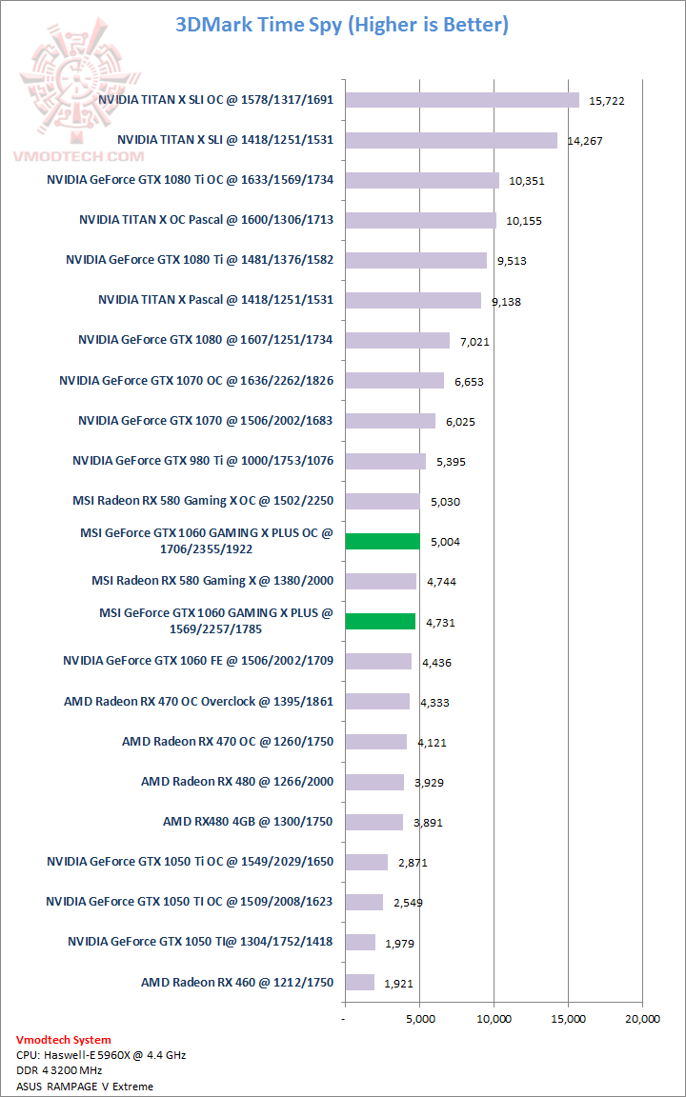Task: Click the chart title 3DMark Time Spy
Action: tap(342, 25)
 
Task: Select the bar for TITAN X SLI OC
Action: tap(462, 100)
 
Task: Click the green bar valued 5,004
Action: tap(382, 541)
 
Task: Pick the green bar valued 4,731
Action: tap(380, 621)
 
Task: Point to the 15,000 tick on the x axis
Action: tap(568, 1020)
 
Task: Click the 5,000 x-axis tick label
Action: tap(419, 1020)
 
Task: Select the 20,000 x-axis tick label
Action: tap(642, 1020)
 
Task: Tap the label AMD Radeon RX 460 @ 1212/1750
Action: tap(237, 982)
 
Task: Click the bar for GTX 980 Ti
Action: tap(385, 461)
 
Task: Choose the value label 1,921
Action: tap(398, 984)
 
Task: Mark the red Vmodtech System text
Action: tap(63, 1040)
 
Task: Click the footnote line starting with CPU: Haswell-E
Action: tap(87, 1055)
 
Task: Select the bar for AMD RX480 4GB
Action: tap(373, 822)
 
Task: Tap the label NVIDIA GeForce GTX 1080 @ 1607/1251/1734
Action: tap(206, 340)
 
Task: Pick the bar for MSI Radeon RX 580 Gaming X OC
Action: tap(382, 501)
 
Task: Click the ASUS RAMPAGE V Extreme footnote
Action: tap(85, 1086)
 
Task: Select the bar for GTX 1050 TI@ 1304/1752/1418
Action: tap(359, 942)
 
